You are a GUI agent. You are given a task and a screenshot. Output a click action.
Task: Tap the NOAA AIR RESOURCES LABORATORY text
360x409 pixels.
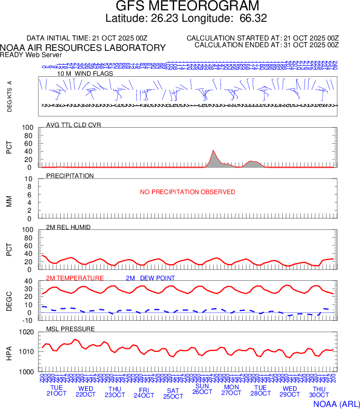83,48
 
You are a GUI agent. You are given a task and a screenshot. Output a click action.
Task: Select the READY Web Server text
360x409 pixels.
31,54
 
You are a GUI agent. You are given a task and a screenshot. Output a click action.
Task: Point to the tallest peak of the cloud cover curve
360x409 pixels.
214,151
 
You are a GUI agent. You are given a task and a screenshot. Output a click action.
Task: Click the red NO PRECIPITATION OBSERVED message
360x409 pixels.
187,192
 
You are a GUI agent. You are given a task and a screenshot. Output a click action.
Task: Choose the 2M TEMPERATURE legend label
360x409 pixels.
75,278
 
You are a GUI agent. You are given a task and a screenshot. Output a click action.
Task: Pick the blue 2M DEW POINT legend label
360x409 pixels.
150,278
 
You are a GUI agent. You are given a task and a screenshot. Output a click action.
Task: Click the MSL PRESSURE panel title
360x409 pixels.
71,329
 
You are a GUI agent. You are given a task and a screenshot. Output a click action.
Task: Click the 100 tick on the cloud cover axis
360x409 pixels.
27,128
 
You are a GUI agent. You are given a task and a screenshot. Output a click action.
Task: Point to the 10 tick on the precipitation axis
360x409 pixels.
29,179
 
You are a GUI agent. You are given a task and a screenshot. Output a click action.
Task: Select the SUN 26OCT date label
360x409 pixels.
202,389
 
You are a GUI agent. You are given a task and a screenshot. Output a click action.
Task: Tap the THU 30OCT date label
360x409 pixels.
319,391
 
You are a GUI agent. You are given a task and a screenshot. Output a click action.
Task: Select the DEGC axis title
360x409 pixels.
9,301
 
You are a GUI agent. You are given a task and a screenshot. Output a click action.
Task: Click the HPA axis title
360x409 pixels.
9,352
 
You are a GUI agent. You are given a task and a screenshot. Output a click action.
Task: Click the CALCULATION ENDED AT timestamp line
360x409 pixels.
266,45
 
